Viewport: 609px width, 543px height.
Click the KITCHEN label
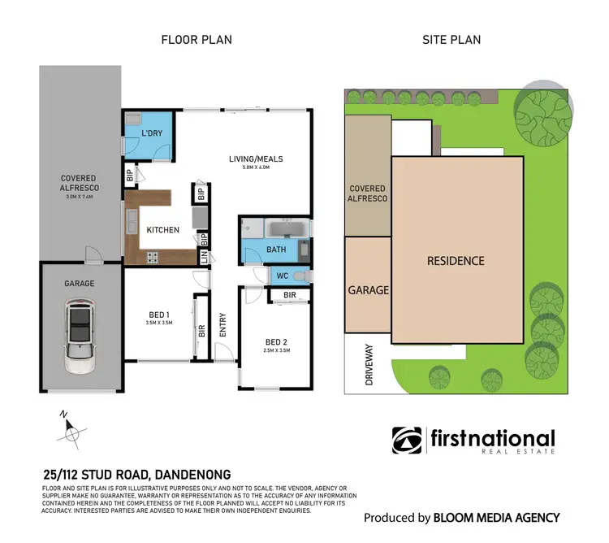pos(162,230)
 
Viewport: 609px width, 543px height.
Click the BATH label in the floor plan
pos(277,250)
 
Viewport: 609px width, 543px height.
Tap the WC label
pos(282,276)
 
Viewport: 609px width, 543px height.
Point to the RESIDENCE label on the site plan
pos(456,261)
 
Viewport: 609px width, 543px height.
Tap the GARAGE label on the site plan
pos(368,290)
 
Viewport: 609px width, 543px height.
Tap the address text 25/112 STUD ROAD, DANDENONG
pos(136,474)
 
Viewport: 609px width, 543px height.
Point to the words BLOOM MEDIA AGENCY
pos(495,517)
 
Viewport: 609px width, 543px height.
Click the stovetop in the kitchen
pos(150,258)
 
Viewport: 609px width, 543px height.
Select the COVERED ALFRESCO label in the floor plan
pos(78,183)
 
